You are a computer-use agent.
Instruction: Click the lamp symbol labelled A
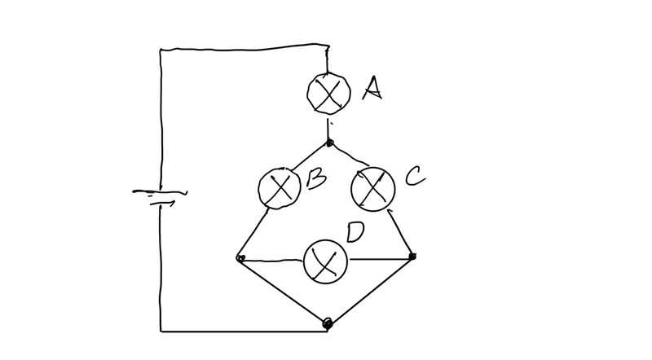[x=328, y=93]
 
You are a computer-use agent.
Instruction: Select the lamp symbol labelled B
[x=280, y=189]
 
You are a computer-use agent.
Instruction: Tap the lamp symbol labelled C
[x=372, y=189]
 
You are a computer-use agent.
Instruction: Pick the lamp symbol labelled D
[x=325, y=261]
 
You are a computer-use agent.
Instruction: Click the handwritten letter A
[x=372, y=87]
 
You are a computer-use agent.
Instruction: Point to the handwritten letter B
[x=317, y=180]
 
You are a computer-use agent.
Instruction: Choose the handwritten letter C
[x=415, y=176]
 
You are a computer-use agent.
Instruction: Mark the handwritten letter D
[x=355, y=231]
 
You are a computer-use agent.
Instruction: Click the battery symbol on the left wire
[x=160, y=195]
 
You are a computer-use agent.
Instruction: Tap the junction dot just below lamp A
[x=329, y=143]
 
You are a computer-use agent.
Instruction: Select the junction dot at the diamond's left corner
[x=240, y=258]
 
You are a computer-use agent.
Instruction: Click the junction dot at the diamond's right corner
[x=412, y=257]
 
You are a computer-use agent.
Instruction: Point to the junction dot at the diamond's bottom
[x=328, y=323]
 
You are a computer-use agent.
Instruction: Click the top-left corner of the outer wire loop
[x=161, y=50]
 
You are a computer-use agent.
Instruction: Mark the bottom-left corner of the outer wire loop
[x=161, y=331]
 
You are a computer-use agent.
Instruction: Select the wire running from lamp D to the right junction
[x=379, y=259]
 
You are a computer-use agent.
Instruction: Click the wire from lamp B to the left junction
[x=253, y=234]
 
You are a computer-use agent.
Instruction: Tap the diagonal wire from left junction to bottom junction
[x=283, y=290]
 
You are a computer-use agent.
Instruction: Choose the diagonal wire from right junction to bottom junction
[x=371, y=289]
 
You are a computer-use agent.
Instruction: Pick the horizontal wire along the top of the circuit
[x=244, y=49]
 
